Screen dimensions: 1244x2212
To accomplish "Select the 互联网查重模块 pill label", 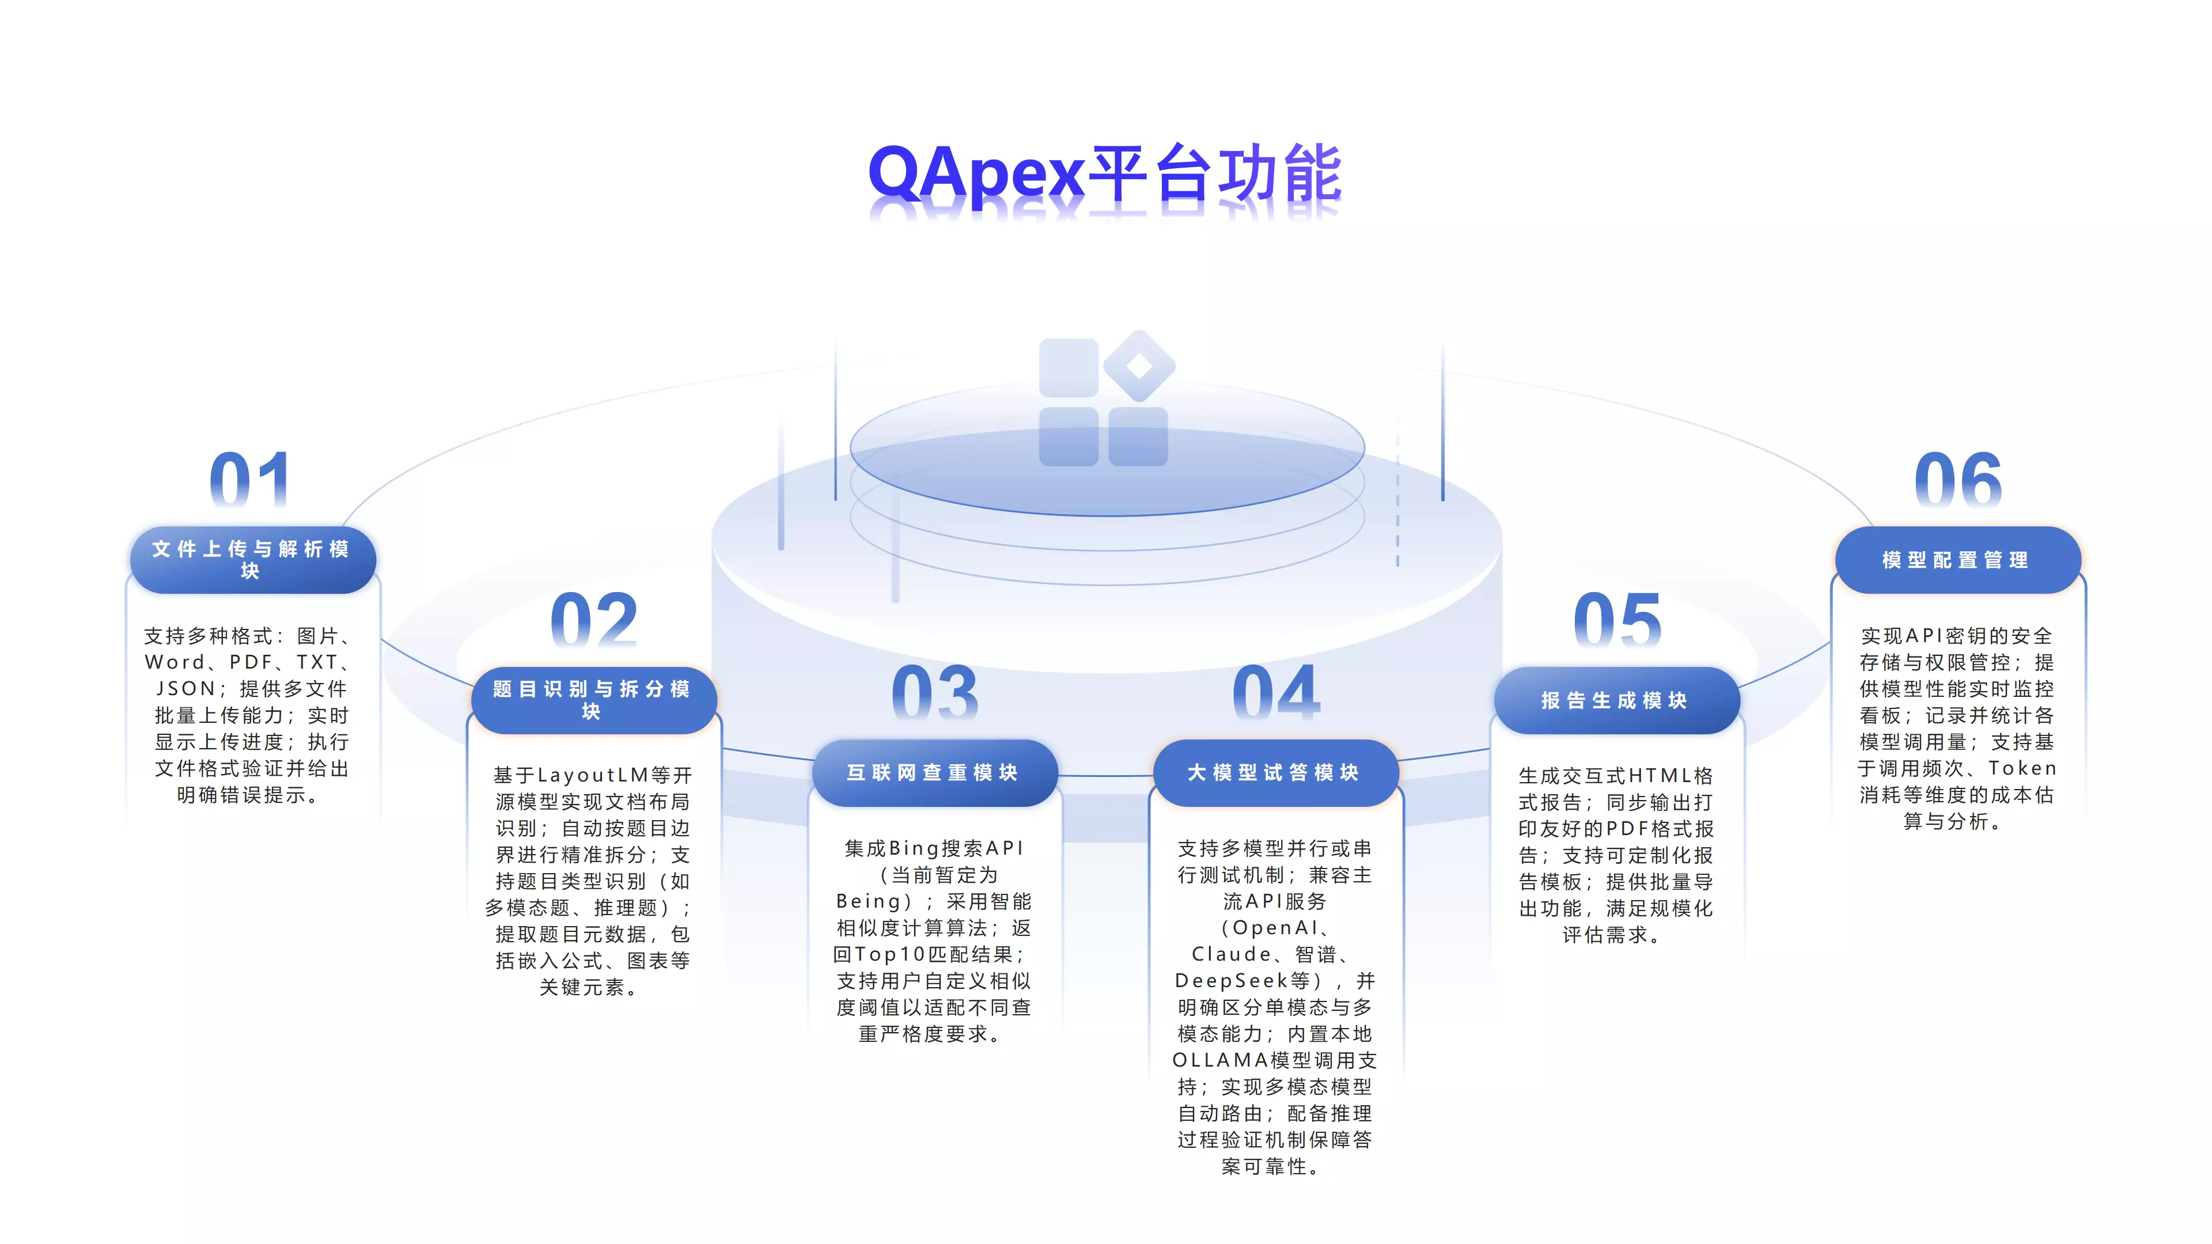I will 933,773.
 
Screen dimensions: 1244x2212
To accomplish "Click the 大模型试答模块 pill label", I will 1274,773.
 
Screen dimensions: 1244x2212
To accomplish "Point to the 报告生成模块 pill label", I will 1615,700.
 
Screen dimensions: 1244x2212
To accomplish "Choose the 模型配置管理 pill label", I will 1956,560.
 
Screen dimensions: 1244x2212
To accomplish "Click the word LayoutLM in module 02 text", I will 593,775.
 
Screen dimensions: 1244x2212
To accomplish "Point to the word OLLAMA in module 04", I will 1220,1060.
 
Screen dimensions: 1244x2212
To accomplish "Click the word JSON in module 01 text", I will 185,689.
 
